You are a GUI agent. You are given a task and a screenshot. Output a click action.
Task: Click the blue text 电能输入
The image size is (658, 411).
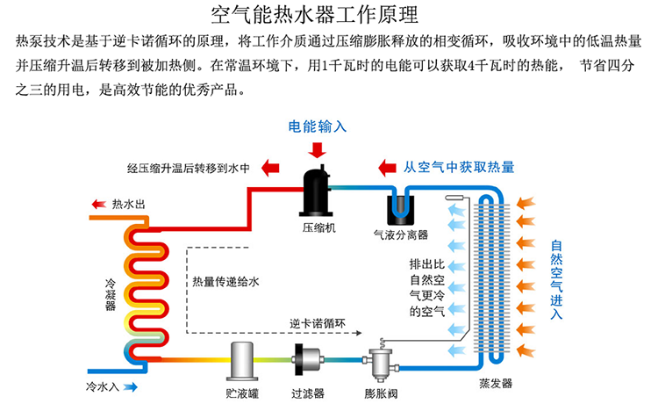(318, 126)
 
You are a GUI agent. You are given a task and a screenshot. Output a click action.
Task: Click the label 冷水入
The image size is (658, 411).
(104, 386)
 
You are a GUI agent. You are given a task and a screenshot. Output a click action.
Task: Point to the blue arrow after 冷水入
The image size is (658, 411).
(132, 386)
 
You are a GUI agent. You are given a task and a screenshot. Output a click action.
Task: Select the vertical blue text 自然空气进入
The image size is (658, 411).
(556, 278)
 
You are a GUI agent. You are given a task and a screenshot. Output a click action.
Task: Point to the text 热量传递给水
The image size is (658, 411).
(226, 282)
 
